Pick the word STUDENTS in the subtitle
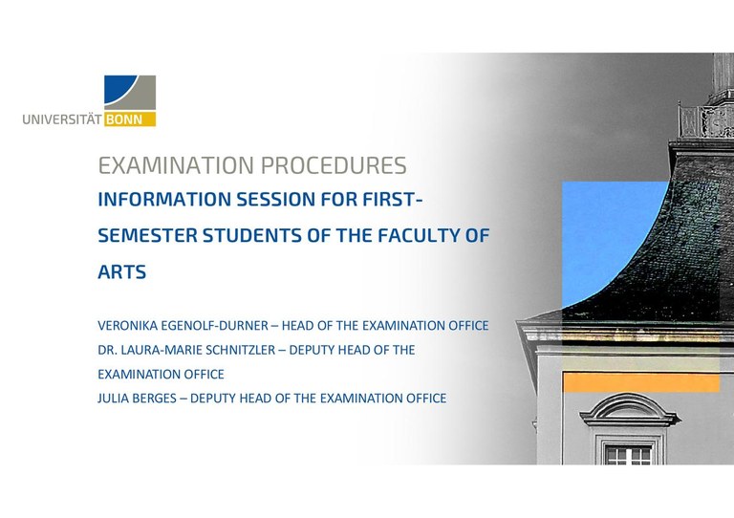click(x=248, y=236)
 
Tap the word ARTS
click(x=122, y=272)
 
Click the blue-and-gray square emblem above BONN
click(x=130, y=93)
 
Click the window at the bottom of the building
click(x=628, y=453)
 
